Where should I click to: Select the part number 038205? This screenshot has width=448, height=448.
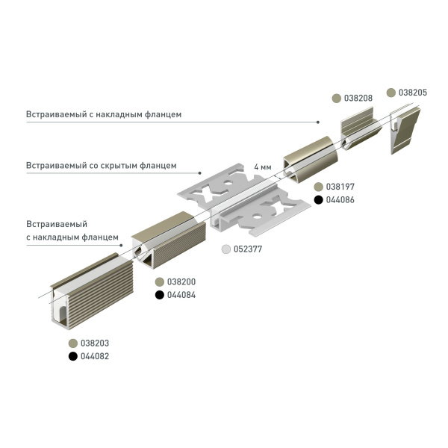click(413, 93)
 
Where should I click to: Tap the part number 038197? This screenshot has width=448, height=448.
click(340, 186)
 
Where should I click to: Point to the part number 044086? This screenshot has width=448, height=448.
click(340, 199)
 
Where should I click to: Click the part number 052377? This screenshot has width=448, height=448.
click(250, 250)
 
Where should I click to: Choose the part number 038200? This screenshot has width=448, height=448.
click(180, 281)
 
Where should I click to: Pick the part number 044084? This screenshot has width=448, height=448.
click(180, 295)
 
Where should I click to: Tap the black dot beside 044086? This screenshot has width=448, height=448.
click(318, 199)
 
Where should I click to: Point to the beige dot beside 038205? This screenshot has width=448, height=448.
click(391, 93)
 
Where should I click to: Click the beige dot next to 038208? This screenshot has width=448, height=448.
click(337, 99)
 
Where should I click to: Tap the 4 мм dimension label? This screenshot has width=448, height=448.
click(262, 166)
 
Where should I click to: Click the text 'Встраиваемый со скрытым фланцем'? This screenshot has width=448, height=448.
click(102, 165)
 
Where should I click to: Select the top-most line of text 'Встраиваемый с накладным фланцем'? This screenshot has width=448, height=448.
click(104, 114)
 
